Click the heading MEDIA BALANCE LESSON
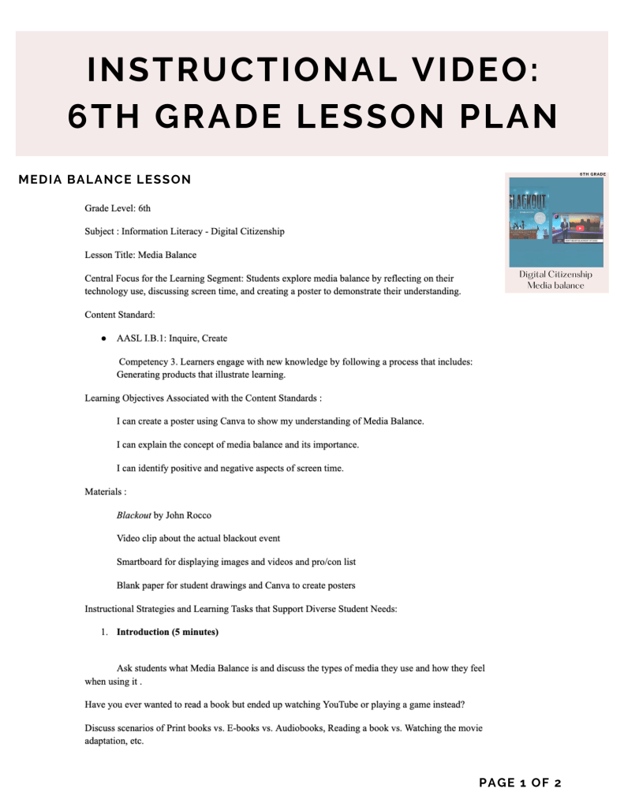click(105, 180)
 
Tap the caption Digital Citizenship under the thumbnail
click(555, 275)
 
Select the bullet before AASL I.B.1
click(104, 338)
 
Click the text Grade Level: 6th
click(118, 208)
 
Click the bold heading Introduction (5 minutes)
click(167, 632)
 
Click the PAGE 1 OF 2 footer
click(520, 783)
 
